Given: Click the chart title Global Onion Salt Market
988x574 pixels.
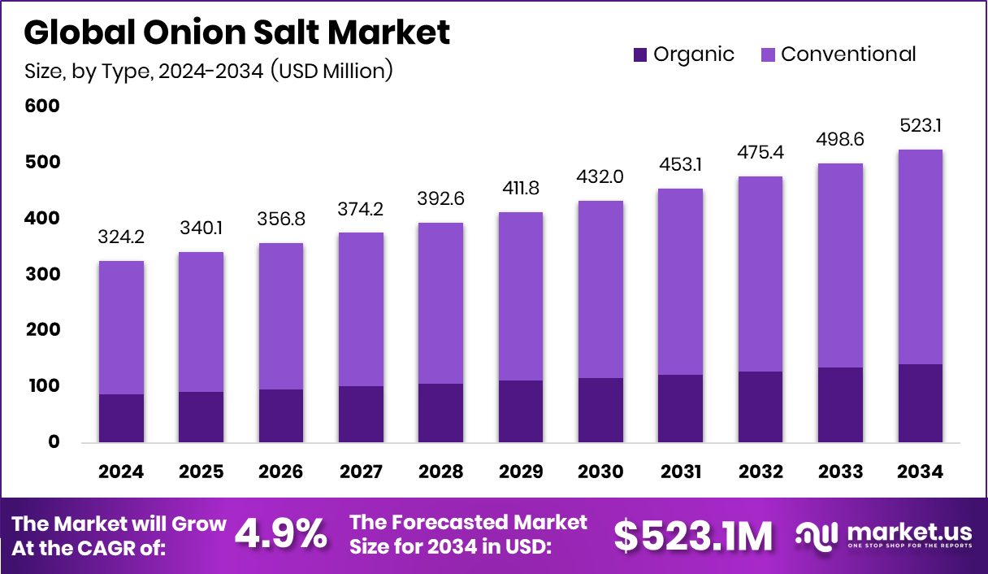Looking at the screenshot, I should coord(236,33).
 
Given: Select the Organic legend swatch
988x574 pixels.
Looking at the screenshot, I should coord(640,55).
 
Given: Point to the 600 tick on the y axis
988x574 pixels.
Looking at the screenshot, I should coord(42,107).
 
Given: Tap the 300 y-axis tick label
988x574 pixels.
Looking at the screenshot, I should coord(42,275).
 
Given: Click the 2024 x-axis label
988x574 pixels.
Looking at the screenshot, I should coord(121,472).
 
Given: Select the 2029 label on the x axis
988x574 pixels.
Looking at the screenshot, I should coord(521,472).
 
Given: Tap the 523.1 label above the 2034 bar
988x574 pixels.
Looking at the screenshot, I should coord(921,127).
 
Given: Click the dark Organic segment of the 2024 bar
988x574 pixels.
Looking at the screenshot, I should coord(121,418).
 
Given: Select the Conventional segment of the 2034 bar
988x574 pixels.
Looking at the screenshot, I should coord(921,257).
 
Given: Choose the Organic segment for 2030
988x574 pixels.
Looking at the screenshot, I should coord(600,410).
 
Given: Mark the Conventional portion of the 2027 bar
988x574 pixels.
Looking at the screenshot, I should coord(361,309).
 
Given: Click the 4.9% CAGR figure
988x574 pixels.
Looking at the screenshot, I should coord(280,534).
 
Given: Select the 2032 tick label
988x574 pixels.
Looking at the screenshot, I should coord(760,472).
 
